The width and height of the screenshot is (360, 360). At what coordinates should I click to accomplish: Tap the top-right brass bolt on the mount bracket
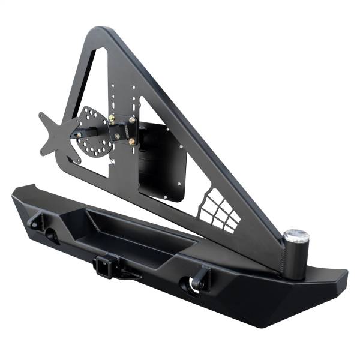pos(133,121)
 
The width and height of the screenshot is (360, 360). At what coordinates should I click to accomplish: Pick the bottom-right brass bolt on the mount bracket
pos(131,142)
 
